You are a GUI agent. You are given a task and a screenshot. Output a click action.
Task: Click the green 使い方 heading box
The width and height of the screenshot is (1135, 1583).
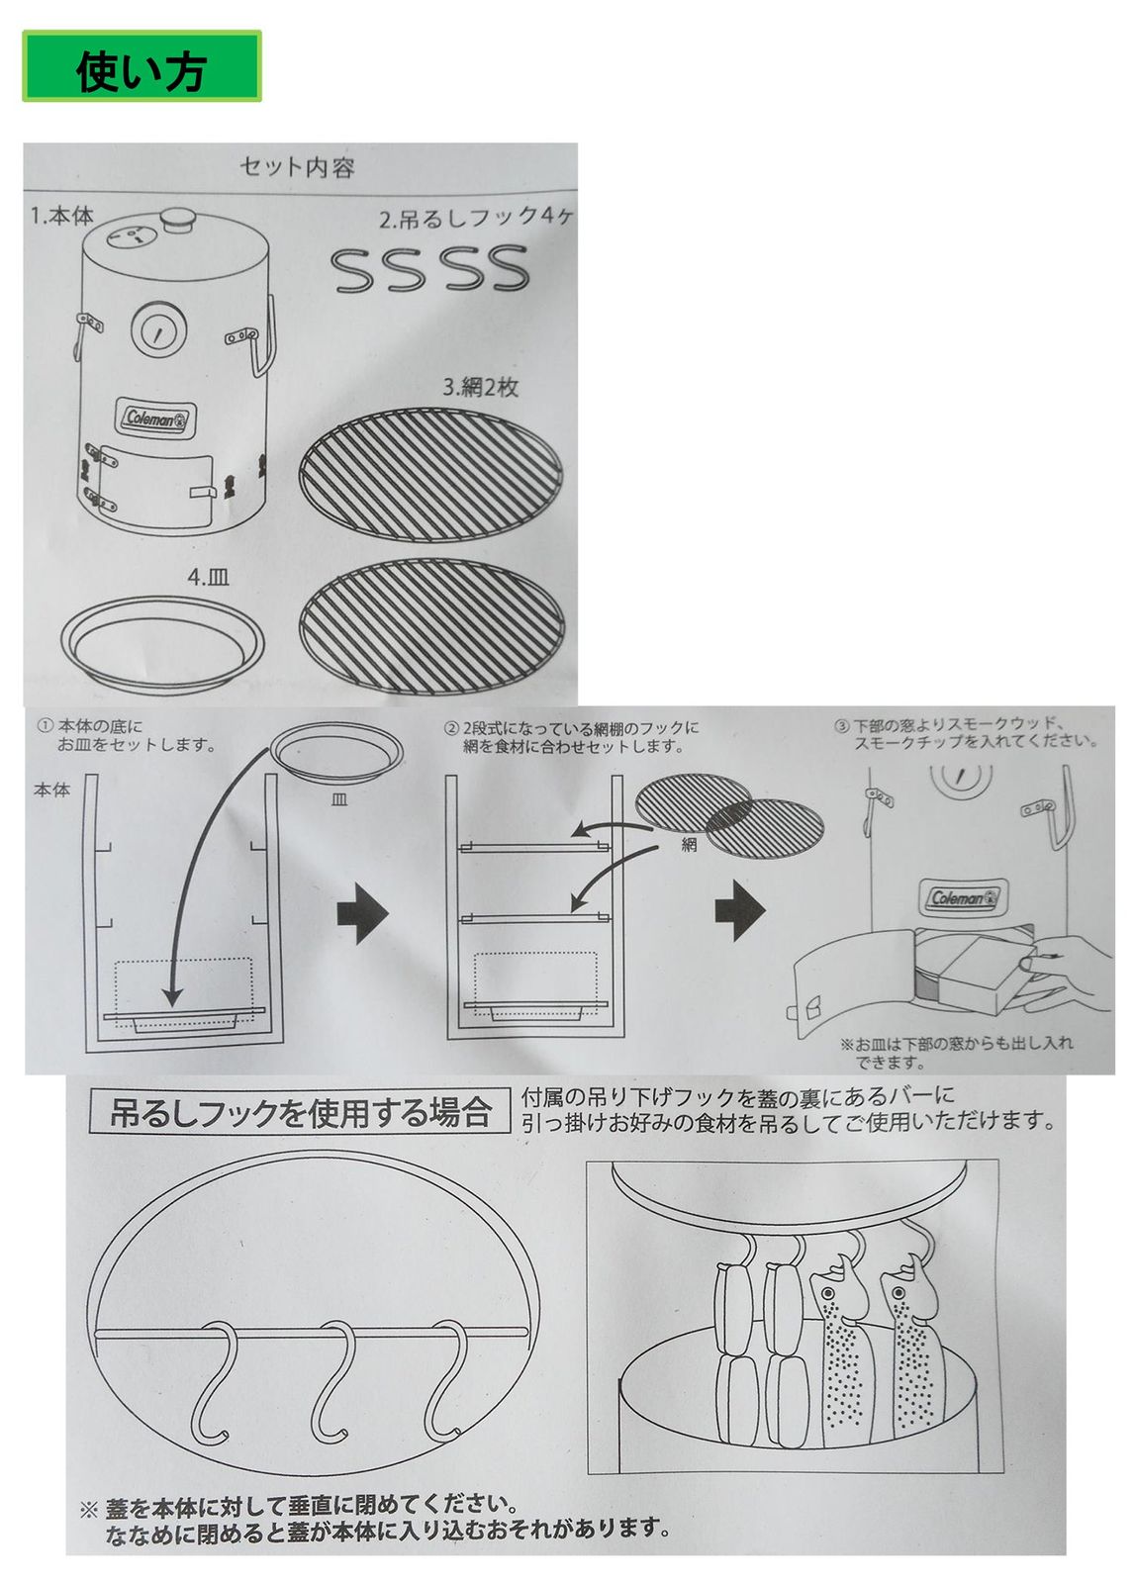click(x=142, y=66)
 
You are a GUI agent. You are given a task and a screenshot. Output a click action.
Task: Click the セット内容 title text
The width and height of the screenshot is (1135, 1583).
click(x=297, y=167)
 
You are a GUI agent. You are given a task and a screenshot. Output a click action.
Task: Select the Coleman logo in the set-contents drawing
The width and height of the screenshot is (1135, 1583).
click(x=158, y=419)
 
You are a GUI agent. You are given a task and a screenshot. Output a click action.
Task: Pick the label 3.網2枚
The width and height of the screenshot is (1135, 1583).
click(x=480, y=387)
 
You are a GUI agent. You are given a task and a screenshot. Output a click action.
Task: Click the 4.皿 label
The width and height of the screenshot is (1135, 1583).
click(x=209, y=576)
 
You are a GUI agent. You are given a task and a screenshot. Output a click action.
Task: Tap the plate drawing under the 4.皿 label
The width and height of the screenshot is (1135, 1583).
click(x=163, y=640)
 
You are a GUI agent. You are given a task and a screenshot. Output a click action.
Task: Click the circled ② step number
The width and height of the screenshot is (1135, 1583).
click(x=452, y=728)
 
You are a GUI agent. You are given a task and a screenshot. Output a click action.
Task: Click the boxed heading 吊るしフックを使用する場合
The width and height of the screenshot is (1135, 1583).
click(x=300, y=1113)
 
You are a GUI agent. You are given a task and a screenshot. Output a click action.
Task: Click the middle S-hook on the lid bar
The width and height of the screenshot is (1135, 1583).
click(x=336, y=1381)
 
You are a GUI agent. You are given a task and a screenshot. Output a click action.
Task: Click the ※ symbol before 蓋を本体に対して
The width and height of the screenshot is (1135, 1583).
click(x=88, y=1510)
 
